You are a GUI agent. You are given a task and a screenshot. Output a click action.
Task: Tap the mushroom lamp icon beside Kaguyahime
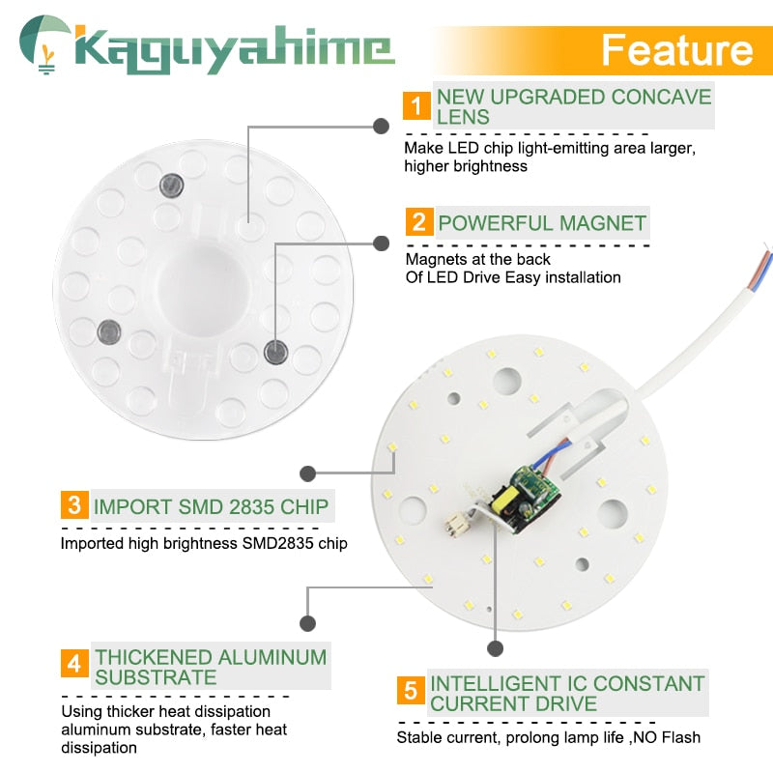[43, 43]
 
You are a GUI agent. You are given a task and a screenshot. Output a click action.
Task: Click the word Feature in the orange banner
[675, 49]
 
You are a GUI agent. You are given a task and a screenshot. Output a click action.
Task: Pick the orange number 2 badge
[417, 222]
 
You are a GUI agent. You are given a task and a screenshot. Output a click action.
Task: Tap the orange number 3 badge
[74, 505]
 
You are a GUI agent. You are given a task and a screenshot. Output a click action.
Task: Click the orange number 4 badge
[74, 665]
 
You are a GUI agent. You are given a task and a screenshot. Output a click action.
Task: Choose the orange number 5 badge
[411, 692]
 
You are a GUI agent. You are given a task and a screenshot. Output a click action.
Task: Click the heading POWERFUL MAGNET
[542, 223]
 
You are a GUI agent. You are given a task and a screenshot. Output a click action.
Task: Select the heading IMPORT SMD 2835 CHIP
[211, 505]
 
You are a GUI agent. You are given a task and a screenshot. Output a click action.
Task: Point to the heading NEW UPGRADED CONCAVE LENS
[574, 106]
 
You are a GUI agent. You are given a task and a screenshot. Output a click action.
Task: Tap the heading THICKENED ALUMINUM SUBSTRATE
[211, 666]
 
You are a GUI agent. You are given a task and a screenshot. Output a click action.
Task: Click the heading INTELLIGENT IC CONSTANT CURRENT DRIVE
[567, 693]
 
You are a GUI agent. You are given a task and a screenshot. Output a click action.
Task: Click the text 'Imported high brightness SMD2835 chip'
[204, 543]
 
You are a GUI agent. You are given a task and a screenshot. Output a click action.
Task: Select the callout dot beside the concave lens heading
[382, 126]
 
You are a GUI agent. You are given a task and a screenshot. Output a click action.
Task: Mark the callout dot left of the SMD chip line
[308, 473]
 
